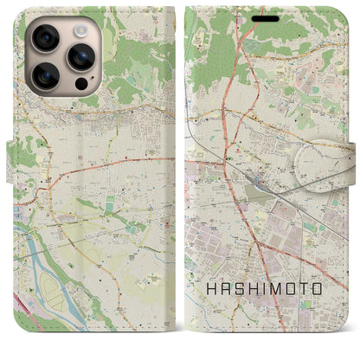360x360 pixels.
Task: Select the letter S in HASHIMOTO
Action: pyautogui.click(x=237, y=288)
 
